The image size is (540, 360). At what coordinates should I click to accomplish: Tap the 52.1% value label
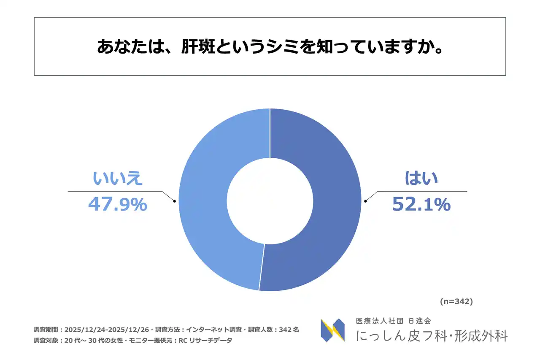point(421,205)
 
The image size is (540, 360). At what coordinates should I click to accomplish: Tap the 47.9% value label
point(118,205)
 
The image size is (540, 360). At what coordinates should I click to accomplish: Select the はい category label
point(421,179)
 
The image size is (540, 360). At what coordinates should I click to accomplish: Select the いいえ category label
point(118,179)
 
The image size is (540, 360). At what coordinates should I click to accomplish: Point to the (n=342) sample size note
point(456,302)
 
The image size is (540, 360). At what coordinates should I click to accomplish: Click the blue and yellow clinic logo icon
point(332,330)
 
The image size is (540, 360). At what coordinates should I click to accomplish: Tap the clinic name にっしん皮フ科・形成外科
point(432,336)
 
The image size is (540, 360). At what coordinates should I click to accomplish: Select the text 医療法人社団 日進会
point(393,321)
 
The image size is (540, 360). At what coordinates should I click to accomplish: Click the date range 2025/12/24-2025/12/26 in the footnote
point(108,330)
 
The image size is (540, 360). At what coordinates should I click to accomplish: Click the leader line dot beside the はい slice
point(365,201)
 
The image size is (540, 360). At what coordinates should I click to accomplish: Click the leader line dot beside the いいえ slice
point(174,201)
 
